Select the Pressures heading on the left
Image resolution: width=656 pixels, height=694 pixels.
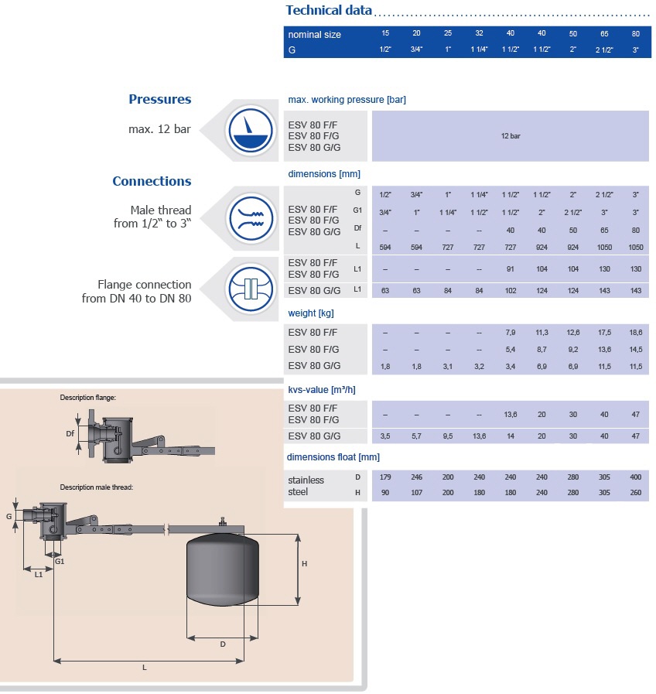(x=159, y=99)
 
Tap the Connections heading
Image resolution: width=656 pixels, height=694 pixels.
(x=152, y=181)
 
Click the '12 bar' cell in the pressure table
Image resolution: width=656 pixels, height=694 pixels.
(x=510, y=135)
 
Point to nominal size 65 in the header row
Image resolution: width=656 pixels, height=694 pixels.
(x=604, y=33)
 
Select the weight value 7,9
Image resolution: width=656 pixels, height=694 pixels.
(x=510, y=332)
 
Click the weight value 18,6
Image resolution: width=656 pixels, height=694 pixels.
(x=635, y=332)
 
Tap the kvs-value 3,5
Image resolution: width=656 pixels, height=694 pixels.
(x=385, y=436)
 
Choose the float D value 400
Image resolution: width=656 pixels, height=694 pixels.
(x=635, y=477)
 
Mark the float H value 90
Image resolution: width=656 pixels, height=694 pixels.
(x=385, y=493)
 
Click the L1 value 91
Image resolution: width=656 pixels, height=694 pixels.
(x=510, y=268)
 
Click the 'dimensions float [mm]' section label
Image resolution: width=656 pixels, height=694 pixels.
(x=333, y=456)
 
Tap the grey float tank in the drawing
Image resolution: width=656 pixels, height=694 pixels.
(x=224, y=569)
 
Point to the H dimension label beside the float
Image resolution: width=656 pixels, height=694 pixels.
(x=305, y=564)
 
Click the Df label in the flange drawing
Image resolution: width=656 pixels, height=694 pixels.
(x=70, y=434)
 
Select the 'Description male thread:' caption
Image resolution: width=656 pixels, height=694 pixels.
(x=97, y=487)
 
